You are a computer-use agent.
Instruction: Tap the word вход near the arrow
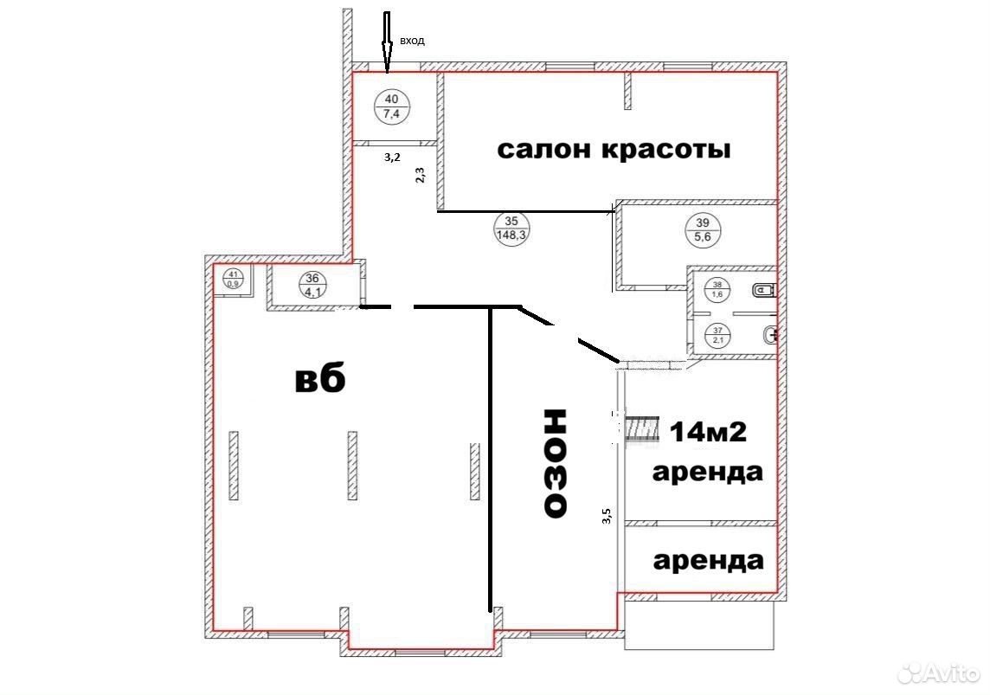tap(412, 41)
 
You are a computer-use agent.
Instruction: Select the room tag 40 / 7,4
tap(391, 106)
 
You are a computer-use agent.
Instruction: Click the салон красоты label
tap(614, 150)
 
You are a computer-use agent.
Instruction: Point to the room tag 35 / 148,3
tap(511, 228)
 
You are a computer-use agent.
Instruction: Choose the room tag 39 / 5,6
tap(702, 229)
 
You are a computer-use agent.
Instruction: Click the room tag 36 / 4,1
tap(312, 285)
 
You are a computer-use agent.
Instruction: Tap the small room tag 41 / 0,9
tap(233, 279)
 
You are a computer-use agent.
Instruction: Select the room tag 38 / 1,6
tap(717, 289)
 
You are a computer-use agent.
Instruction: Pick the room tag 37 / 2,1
tap(717, 335)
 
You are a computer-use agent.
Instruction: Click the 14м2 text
tap(708, 432)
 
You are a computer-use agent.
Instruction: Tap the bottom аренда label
tap(708, 561)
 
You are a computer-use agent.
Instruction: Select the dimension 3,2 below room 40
tap(392, 158)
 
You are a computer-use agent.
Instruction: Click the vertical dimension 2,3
tap(420, 174)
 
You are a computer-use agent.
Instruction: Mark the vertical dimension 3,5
tap(607, 517)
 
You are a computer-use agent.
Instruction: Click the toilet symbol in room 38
tap(764, 290)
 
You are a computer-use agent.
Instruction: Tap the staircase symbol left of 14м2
tap(642, 429)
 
